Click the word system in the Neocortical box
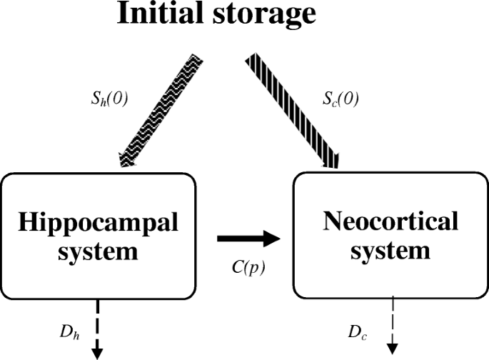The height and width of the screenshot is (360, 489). (390, 251)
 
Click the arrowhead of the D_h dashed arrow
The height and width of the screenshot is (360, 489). (98, 352)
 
